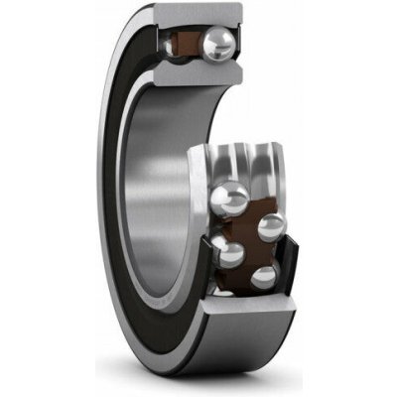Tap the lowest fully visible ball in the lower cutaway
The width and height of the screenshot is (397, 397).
click(262, 277)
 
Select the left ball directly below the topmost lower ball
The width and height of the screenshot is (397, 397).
click(227, 253)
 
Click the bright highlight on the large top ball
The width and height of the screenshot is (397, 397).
click(226, 38)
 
